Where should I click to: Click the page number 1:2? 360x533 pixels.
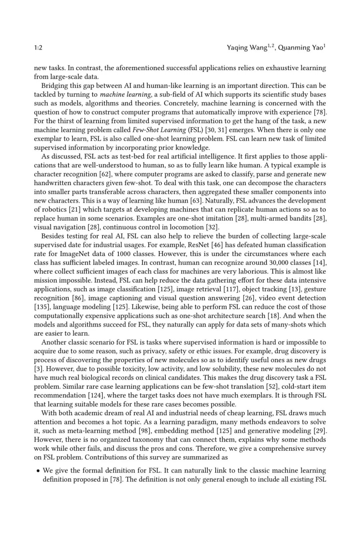tap(38, 48)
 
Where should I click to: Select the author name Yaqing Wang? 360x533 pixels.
tap(247, 48)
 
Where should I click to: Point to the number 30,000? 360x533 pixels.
tap(278, 263)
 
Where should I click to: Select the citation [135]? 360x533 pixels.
tap(42, 307)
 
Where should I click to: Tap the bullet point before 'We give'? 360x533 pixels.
tap(38, 471)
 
